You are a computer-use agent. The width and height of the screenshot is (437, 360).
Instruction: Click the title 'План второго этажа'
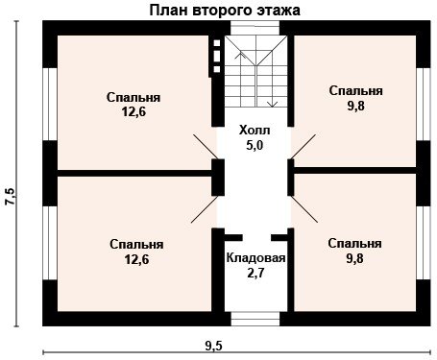[x=225, y=11]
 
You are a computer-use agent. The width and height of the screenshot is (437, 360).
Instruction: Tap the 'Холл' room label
[x=255, y=131]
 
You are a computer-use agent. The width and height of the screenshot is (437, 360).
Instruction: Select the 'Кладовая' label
[x=255, y=258]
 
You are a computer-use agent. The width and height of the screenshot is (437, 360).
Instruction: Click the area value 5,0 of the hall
[x=255, y=145]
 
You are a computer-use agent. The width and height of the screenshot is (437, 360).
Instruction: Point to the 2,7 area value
[x=255, y=274]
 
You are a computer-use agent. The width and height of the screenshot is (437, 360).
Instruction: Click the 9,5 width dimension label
[x=214, y=346]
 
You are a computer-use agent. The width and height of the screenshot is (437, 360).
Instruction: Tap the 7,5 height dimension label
[x=10, y=196]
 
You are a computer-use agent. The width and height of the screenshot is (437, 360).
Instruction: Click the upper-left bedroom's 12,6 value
[x=134, y=112]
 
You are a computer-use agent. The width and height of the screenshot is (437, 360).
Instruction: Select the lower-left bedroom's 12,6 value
[x=136, y=259]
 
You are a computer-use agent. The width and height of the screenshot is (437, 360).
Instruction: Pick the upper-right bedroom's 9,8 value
[x=356, y=106]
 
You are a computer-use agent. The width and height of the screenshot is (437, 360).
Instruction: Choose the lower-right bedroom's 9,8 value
[x=354, y=258]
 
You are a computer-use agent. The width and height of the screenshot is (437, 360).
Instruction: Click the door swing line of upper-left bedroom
[x=206, y=147]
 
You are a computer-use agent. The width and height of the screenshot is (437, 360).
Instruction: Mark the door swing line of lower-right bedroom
[x=304, y=209]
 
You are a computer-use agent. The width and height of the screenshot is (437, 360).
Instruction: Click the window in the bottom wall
[x=255, y=319]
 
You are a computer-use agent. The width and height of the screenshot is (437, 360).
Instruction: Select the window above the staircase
[x=255, y=28]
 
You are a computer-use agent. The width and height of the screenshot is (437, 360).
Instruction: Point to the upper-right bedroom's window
[x=424, y=105]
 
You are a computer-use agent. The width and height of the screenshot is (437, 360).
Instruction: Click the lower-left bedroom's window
[x=50, y=243]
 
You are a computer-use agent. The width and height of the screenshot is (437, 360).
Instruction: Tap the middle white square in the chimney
[x=217, y=56]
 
